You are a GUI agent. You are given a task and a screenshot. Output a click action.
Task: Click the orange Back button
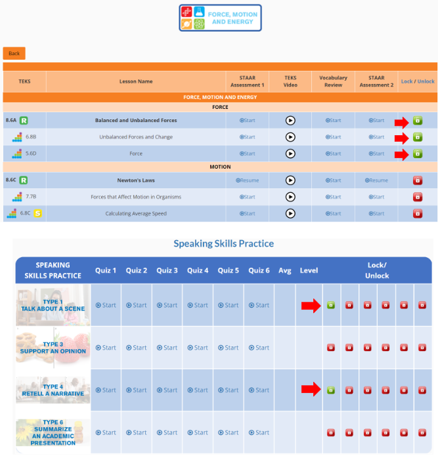14,53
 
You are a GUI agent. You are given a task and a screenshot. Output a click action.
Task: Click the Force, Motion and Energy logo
220,18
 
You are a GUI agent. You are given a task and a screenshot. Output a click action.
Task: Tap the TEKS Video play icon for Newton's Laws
290,180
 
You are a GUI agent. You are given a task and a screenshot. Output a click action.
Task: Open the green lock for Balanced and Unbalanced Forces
417,121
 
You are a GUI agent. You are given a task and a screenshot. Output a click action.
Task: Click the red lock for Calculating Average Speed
417,213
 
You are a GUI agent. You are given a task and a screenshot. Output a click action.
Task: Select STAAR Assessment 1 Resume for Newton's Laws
247,180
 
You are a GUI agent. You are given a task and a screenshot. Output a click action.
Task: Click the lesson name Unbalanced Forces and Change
135,137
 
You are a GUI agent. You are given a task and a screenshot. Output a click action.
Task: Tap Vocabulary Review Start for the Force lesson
333,154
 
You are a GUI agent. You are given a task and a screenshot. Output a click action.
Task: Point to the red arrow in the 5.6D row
401,154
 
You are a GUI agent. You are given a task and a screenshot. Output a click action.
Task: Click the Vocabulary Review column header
333,81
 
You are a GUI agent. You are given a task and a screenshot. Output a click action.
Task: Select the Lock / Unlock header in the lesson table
417,81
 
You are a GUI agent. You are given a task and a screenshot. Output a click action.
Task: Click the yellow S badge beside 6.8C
38,213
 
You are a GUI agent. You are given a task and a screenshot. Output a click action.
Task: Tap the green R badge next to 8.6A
24,121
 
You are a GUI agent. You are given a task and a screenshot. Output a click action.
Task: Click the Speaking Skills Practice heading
223,243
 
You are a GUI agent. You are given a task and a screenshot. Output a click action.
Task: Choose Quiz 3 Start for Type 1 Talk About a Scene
167,305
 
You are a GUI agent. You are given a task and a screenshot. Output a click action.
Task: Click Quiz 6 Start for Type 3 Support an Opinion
259,348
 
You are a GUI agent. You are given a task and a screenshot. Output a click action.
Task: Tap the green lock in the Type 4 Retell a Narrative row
330,390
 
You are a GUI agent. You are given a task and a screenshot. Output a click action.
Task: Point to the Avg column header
284,270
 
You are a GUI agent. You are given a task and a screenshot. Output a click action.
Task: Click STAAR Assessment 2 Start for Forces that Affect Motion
376,197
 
